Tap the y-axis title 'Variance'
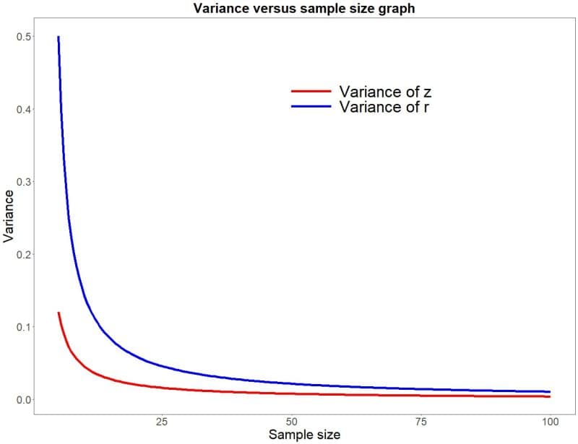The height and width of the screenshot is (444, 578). [9, 215]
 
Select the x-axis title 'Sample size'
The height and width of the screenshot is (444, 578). [304, 435]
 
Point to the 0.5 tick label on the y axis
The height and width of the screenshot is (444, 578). [23, 37]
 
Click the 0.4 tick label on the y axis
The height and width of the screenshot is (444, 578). [23, 109]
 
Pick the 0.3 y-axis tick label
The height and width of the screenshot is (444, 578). [23, 182]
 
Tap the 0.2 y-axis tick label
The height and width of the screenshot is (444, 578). [23, 254]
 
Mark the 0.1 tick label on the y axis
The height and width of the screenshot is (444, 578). [23, 327]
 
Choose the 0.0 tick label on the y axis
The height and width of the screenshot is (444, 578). [23, 399]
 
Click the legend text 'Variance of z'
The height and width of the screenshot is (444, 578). [385, 92]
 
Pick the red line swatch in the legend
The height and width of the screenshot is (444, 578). [311, 92]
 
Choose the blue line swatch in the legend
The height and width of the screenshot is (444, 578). [311, 107]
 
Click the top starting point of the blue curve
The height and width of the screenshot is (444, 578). [59, 37]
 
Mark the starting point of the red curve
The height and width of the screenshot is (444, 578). [59, 313]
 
